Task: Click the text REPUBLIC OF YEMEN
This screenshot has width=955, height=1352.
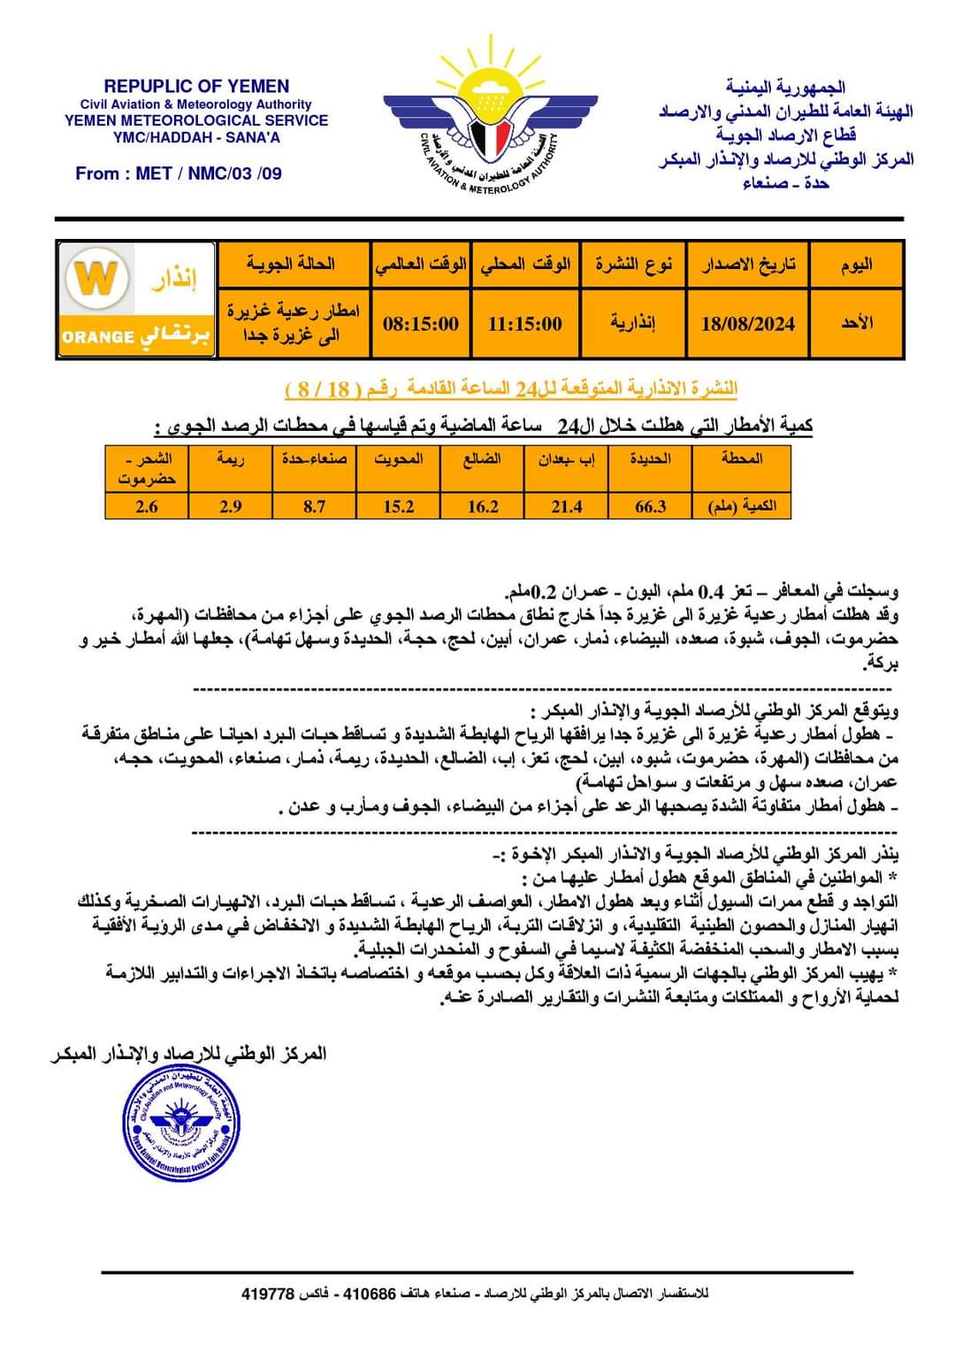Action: click(x=196, y=87)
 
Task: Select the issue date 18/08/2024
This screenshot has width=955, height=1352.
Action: click(x=747, y=324)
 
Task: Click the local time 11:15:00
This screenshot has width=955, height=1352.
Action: click(x=524, y=324)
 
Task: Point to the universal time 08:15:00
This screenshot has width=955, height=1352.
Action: click(x=421, y=324)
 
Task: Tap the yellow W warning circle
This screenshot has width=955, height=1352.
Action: click(x=96, y=279)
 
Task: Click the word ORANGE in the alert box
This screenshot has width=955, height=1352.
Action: click(x=98, y=337)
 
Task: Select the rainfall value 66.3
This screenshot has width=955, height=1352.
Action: click(x=650, y=506)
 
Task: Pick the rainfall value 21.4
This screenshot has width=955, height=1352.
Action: click(x=566, y=506)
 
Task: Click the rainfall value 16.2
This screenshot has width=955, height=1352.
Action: click(x=482, y=506)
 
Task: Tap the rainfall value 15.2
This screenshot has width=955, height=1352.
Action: click(x=398, y=506)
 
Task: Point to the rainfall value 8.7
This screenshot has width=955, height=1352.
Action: click(x=314, y=506)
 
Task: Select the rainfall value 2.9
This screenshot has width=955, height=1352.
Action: click(x=230, y=506)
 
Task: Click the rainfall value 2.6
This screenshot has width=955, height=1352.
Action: click(x=147, y=506)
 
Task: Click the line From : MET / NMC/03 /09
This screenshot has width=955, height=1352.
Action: click(x=179, y=173)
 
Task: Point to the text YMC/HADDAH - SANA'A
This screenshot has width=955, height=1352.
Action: click(x=196, y=137)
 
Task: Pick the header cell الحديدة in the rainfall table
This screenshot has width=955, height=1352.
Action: click(x=650, y=458)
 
